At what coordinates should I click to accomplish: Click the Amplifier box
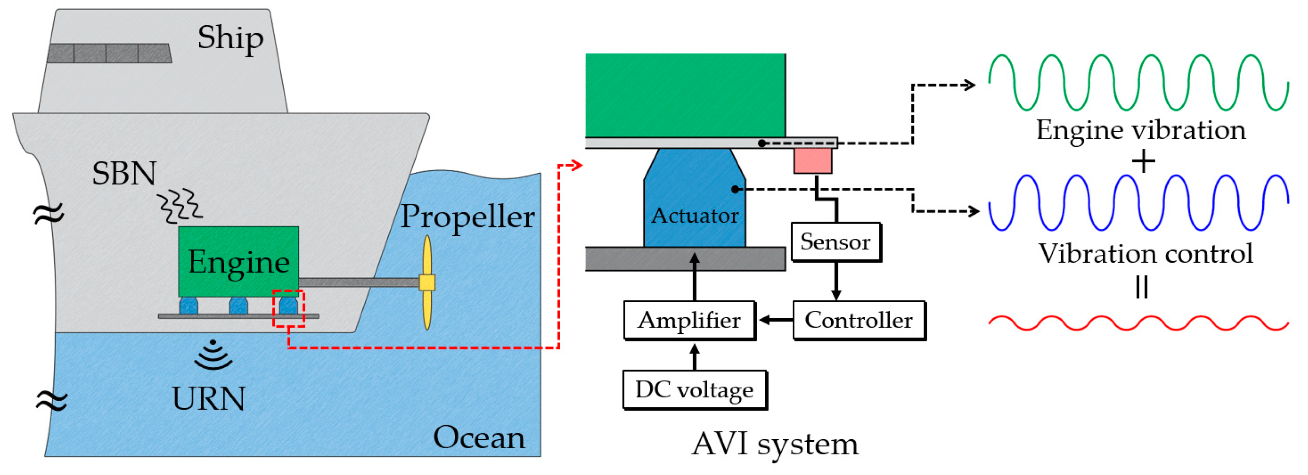(689, 320)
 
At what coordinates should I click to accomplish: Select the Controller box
(859, 320)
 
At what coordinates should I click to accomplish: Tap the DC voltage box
(694, 389)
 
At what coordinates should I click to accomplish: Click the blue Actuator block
(694, 203)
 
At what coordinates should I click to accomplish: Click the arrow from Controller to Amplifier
(776, 320)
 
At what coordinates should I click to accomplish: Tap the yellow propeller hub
(427, 283)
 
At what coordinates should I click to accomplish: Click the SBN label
(124, 174)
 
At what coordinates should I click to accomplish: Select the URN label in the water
(209, 399)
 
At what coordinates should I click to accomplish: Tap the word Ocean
(479, 438)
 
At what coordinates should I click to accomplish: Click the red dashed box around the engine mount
(289, 309)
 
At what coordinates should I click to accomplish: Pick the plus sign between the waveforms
(1144, 162)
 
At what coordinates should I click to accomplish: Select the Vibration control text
(1145, 254)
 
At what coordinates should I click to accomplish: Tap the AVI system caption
(775, 444)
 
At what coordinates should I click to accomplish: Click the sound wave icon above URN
(213, 355)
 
